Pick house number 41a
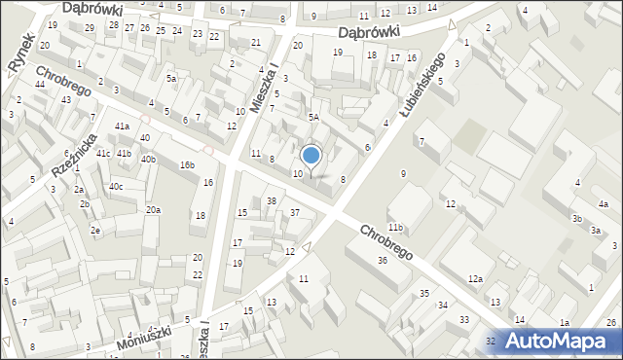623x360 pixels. point(122,127)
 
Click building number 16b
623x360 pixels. point(187,165)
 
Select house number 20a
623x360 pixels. point(153,210)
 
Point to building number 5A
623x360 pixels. point(313,117)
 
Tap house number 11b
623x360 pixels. point(394,228)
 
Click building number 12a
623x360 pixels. point(474,279)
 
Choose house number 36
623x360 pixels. point(383,260)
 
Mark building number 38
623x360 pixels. point(272,201)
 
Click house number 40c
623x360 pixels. point(116,186)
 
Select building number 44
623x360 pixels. point(40,85)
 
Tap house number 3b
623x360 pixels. point(577,219)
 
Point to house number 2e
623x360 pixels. point(95,230)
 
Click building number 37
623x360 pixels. point(294,212)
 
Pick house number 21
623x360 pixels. point(256,43)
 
